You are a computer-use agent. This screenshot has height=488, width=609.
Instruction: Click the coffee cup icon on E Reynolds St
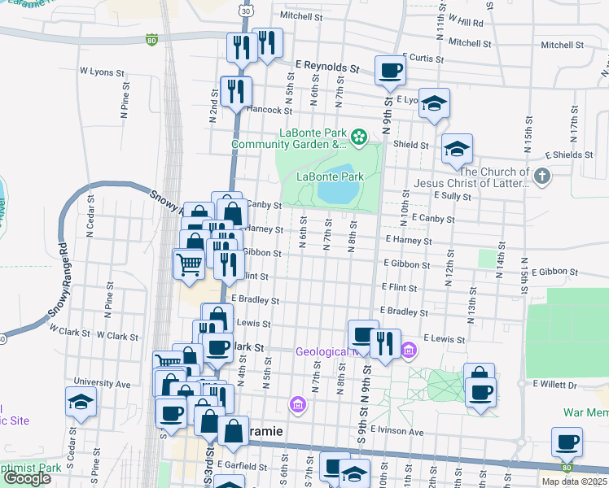click(390, 70)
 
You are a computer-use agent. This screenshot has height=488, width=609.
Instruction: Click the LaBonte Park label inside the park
click(329, 176)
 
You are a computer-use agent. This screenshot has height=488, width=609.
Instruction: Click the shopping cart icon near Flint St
click(188, 264)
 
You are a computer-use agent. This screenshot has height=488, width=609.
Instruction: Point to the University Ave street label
click(102, 382)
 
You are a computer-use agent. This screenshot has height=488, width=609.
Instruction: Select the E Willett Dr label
click(554, 384)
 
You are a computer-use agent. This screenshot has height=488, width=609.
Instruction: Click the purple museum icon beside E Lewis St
click(409, 351)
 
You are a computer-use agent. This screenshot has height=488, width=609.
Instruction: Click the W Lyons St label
click(102, 72)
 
